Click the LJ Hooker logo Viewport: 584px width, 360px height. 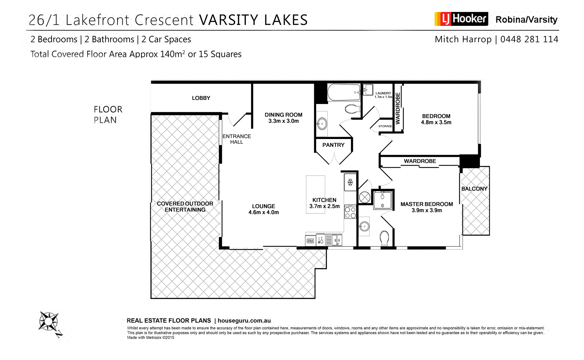point(461,19)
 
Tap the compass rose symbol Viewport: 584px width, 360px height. point(49,321)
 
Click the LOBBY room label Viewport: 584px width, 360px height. point(201,98)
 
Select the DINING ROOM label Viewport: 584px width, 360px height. point(283,115)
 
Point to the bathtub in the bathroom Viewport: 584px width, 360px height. point(343,93)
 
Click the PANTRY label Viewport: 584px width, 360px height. point(333,145)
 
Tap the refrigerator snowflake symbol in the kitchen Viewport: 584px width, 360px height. point(350,182)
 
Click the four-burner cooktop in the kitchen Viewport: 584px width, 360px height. point(350,213)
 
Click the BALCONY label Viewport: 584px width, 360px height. point(474,189)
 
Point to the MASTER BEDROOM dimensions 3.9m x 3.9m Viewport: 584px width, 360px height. point(427,210)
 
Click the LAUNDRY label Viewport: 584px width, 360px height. point(383,93)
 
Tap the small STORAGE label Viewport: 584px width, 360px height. point(385,126)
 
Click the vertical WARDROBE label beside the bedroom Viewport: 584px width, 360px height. point(398,108)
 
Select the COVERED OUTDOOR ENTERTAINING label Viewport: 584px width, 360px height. point(185,206)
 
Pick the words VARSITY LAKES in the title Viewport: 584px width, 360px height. point(253,20)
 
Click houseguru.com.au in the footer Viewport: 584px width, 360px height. point(244,321)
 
